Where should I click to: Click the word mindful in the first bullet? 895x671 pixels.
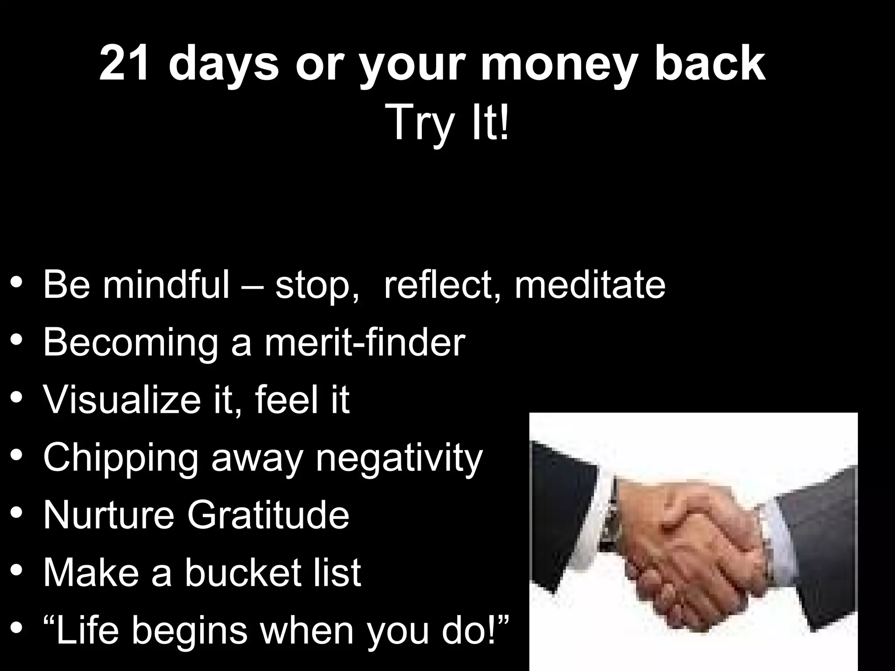pyautogui.click(x=166, y=284)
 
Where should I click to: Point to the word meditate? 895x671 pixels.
pyautogui.click(x=590, y=284)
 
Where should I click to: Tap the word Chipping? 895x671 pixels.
pyautogui.click(x=121, y=459)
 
